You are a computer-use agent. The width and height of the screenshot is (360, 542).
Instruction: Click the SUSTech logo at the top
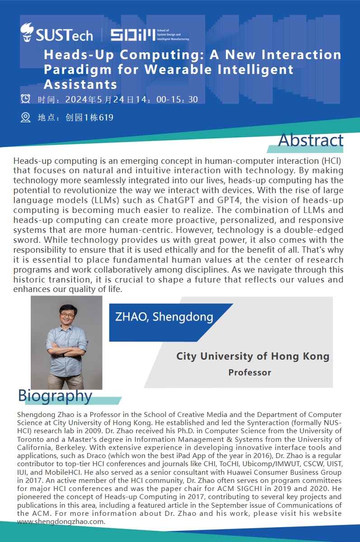56,33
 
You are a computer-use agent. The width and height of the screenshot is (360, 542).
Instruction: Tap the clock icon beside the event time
26,99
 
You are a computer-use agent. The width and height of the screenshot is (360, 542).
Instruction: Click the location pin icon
26,117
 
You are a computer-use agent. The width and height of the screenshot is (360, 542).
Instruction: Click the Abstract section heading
310,140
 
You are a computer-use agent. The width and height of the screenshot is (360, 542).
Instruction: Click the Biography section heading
55,396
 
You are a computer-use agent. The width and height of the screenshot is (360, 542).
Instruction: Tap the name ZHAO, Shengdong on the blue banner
164,316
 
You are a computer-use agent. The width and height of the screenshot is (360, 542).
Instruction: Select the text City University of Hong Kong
252,356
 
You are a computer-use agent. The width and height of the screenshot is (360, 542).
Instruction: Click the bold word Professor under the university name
249,372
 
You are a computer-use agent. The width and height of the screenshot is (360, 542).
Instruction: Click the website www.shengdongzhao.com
61,522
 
